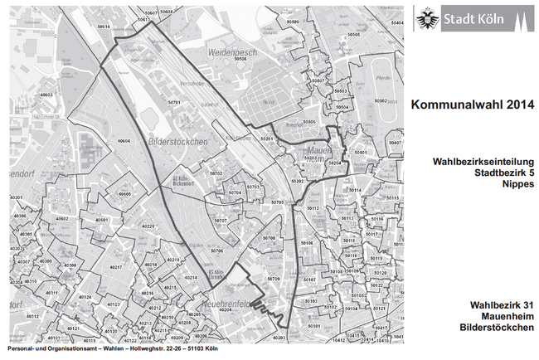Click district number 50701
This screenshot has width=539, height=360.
click(x=174, y=103)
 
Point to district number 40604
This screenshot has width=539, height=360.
click(x=124, y=142)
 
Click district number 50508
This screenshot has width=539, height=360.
click(x=240, y=60)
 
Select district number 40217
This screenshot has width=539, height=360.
click(x=116, y=268)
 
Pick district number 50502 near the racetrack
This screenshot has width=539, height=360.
click(x=381, y=100)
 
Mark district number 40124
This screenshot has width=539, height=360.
click(x=84, y=297)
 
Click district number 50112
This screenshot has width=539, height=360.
click(x=313, y=208)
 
